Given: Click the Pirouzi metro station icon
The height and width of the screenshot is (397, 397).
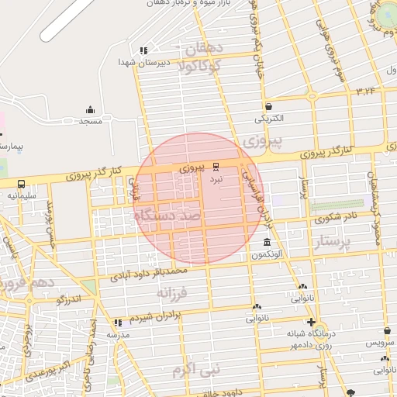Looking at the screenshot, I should coord(216,165).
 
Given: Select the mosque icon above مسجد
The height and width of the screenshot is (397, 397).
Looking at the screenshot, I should coord(90,110).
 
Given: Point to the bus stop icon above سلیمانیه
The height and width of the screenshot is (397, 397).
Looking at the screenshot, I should coord(21,185).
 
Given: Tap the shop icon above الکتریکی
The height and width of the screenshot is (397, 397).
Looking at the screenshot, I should coord(268,107).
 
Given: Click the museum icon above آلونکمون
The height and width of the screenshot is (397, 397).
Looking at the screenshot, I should coord(268,242).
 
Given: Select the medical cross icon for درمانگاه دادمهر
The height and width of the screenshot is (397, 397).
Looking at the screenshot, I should coord(311,322).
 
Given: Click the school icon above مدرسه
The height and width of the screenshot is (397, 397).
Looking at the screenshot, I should coord(118,323).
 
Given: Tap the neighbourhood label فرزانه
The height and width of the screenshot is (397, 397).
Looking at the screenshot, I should coord(173,293).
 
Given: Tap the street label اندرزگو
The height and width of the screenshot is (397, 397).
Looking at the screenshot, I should coord(69,299).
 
